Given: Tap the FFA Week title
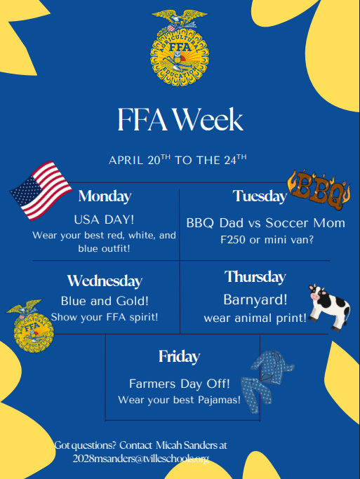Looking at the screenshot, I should pos(180,119).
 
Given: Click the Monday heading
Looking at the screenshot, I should pos(105,196).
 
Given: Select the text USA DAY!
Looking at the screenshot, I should pos(105,218).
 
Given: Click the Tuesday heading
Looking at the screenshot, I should pos(260,196).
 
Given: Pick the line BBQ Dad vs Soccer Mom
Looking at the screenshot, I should pos(265,223).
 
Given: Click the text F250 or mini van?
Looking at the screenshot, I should pos(265,240).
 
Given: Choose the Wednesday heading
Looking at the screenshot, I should pos(105,281).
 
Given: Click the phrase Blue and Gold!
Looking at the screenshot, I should pos(105,302).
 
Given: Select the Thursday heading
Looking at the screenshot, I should pos(255,276).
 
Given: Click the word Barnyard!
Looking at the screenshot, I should pos(255,300).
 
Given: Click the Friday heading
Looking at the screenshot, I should pos(179,357).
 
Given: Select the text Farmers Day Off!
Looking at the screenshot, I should pos(179,384).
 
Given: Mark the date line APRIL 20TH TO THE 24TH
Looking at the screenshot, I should pos(177,160).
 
